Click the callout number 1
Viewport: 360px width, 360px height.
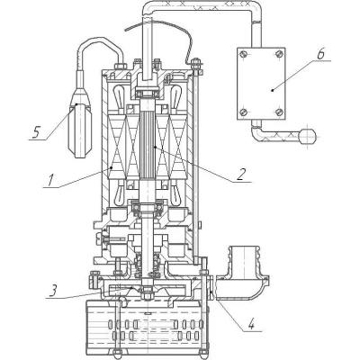tap(49, 180)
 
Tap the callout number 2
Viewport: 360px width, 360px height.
tap(241, 175)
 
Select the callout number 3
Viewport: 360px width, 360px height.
tap(53, 292)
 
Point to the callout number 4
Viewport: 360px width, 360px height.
tap(251, 324)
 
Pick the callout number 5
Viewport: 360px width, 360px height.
tap(36, 132)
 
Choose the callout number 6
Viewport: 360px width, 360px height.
tap(321, 54)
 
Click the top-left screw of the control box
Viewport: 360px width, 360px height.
tap(244, 54)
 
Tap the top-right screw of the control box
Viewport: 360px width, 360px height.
tap(279, 54)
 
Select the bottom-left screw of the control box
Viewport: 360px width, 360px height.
tap(244, 112)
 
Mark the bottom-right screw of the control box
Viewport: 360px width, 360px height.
tap(279, 112)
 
